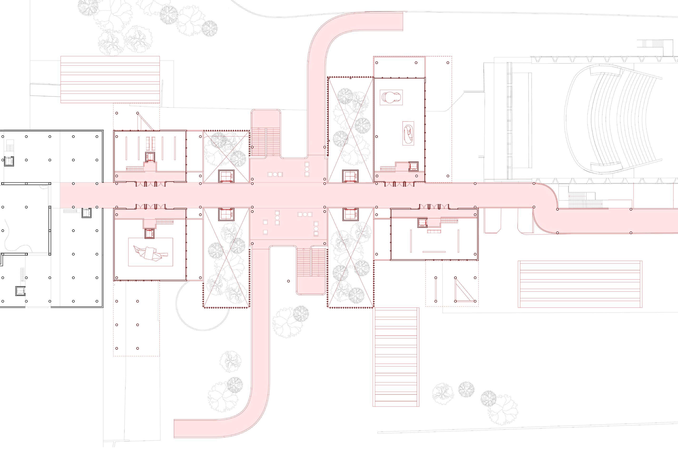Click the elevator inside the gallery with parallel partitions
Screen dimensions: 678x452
pos(150,157)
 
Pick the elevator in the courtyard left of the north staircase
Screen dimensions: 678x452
pos(227,176)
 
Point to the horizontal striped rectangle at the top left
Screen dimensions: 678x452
pos(110,79)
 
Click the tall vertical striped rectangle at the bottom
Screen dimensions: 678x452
pos(396,357)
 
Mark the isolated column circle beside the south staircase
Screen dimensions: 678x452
pos(289,281)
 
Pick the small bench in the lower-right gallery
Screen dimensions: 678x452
pos(434,231)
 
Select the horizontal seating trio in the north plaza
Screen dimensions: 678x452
pos(275,174)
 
